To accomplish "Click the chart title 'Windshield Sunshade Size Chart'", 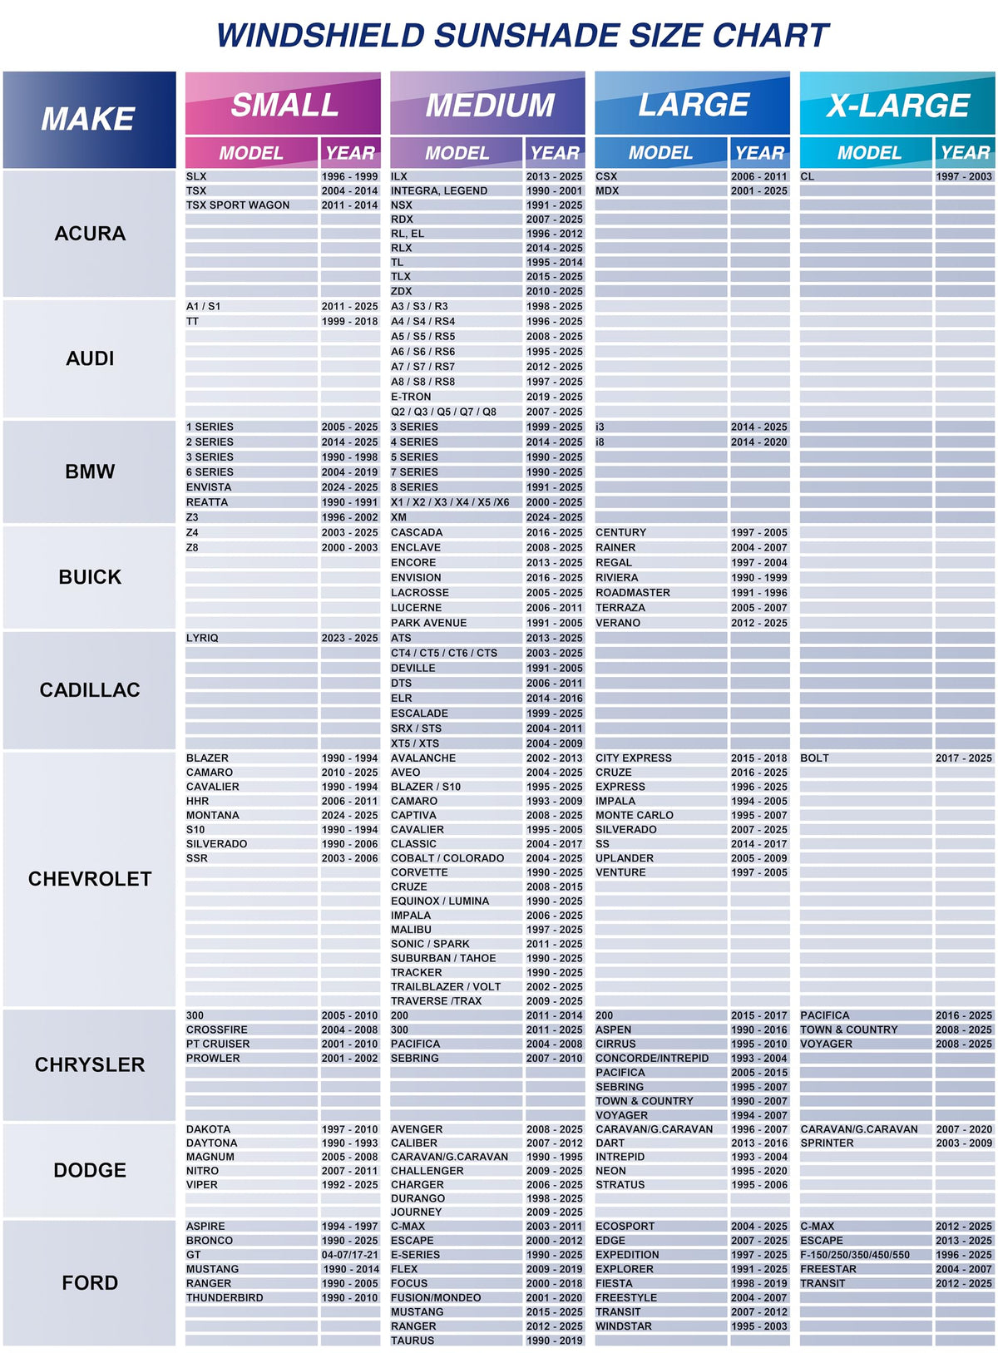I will coord(522,36).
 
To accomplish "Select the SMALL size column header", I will coord(284,105).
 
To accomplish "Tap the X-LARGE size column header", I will coord(897,105).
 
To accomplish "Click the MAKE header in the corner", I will coord(89,119).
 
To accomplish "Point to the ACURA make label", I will coord(90,234).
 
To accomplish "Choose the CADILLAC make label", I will coord(90,690).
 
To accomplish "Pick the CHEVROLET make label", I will coord(90,879).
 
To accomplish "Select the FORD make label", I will coord(90,1283).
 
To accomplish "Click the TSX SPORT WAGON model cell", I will coord(238,205).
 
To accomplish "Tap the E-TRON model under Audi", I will coord(412,397).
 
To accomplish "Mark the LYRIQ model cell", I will coord(202,638).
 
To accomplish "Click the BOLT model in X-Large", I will coord(815,758).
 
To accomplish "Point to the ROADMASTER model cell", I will coord(633,593).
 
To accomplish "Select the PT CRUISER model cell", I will coord(218,1044).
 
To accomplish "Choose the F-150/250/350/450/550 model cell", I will coord(855,1255).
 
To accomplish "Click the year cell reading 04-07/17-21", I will coord(350,1255).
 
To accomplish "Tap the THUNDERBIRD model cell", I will coord(225,1297).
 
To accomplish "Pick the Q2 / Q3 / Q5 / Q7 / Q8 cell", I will coord(444,412).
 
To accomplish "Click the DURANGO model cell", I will coord(418,1198).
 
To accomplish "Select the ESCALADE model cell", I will coord(420,714).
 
